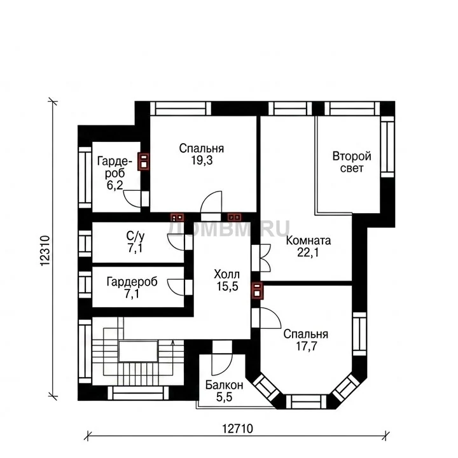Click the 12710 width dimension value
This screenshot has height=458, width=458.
pyautogui.click(x=237, y=429)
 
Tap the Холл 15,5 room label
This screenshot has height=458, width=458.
pyautogui.click(x=227, y=281)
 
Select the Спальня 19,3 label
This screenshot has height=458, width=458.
pyautogui.click(x=202, y=154)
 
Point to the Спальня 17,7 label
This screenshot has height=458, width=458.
pyautogui.click(x=306, y=340)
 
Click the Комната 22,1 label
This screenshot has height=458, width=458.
pyautogui.click(x=308, y=247)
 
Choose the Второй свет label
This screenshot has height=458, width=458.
pyautogui.click(x=352, y=162)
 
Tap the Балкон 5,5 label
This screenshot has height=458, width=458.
pyautogui.click(x=224, y=391)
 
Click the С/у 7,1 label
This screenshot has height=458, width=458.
pyautogui.click(x=135, y=242)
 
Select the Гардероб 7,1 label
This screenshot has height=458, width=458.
pyautogui.click(x=132, y=288)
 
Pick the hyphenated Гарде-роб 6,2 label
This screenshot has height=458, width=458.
pyautogui.click(x=114, y=173)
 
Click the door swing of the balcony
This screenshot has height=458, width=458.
pyautogui.click(x=222, y=364)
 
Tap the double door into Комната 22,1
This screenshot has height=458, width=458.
pyautogui.click(x=265, y=258)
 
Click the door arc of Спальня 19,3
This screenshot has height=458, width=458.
pyautogui.click(x=211, y=202)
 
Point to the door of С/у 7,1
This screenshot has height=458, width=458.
pyautogui.click(x=176, y=242)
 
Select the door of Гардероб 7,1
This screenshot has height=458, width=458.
pyautogui.click(x=176, y=287)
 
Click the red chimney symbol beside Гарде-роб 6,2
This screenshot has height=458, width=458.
pyautogui.click(x=144, y=161)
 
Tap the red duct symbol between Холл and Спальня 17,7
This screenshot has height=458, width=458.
pyautogui.click(x=257, y=291)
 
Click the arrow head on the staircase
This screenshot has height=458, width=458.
pyautogui.click(x=172, y=342)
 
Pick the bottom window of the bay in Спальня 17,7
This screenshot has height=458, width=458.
pyautogui.click(x=306, y=401)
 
